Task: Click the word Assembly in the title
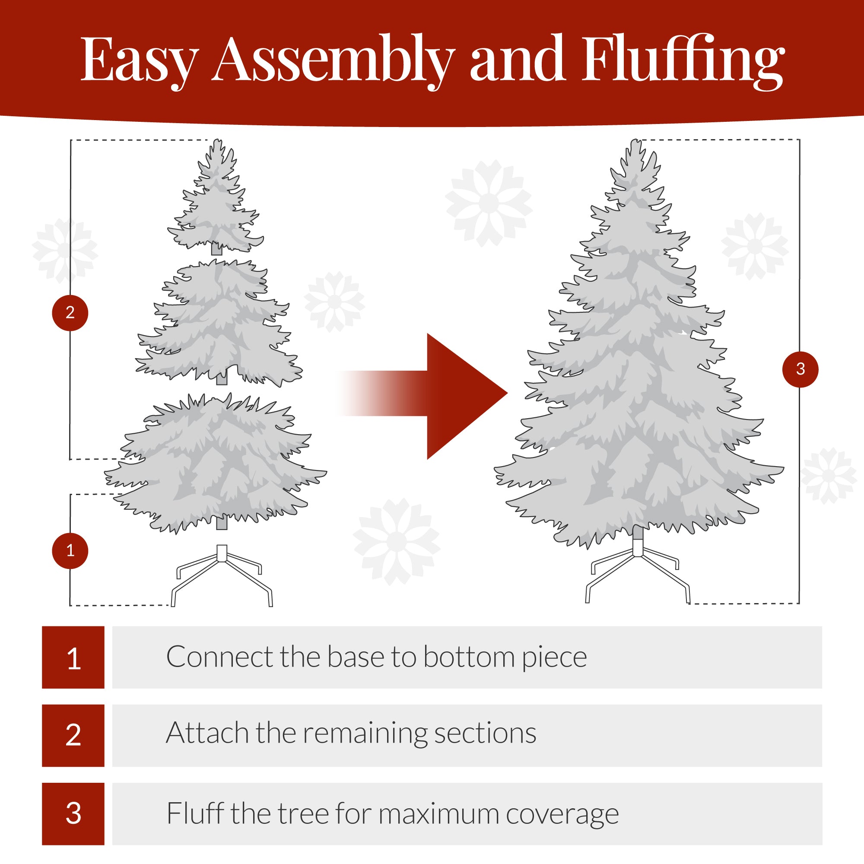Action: pos(333,60)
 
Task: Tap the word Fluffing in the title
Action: pos(683,60)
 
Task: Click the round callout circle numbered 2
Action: pos(70,313)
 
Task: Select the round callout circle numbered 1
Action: pos(70,550)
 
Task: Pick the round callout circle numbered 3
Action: pos(800,369)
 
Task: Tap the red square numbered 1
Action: pos(73,658)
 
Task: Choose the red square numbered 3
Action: pos(73,813)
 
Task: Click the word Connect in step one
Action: pos(219,657)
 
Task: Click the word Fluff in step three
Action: pos(195,813)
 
